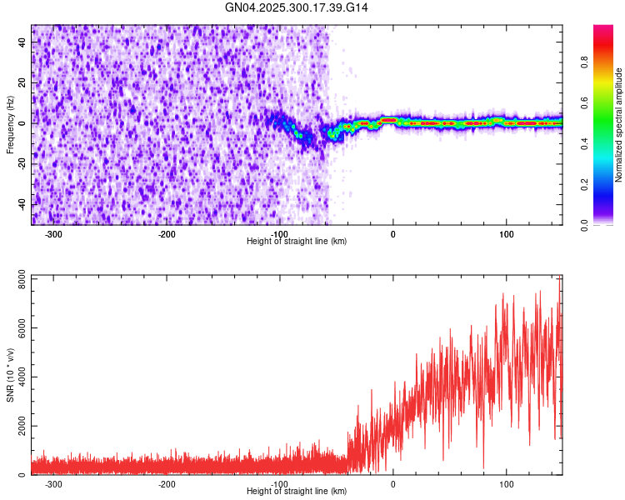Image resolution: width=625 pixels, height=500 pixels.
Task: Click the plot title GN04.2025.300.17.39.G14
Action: point(297,7)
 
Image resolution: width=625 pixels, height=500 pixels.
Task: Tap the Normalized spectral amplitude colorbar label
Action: point(618,125)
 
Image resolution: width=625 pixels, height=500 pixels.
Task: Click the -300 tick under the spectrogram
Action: point(52,234)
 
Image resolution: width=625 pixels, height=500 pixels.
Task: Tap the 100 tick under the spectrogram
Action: point(506,234)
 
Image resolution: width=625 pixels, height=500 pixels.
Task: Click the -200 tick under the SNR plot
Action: point(166,484)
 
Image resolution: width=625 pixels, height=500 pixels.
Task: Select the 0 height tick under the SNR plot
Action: point(392,484)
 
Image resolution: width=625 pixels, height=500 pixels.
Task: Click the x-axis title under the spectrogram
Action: point(297,241)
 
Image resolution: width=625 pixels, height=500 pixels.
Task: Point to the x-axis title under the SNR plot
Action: point(297,491)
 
